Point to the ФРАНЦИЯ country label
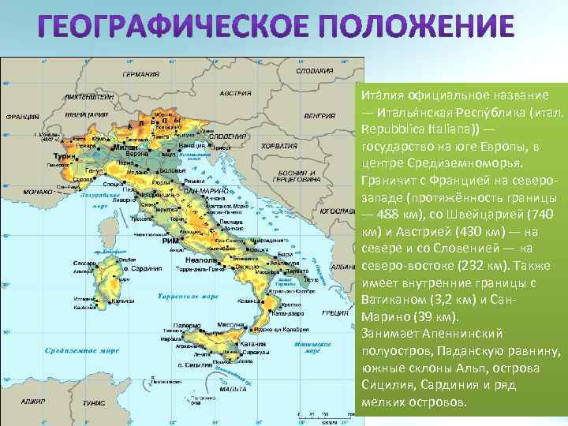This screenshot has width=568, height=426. click(22, 116)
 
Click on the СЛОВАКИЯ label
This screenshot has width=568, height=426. click(313, 70)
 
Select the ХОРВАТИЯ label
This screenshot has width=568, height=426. click(279, 147)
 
